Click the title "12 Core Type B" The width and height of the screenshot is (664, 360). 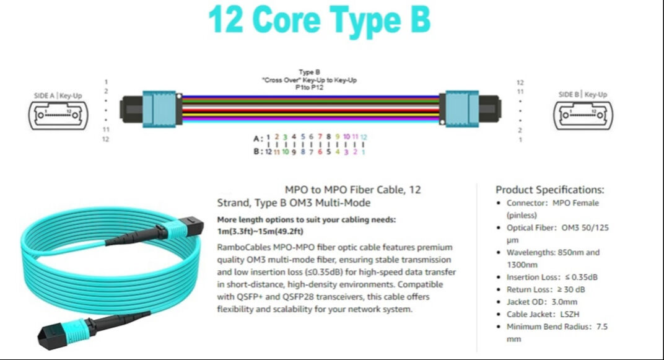pyautogui.click(x=320, y=20)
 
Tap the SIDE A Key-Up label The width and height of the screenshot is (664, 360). pyautogui.click(x=58, y=95)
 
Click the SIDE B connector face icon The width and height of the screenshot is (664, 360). pyautogui.click(x=583, y=115)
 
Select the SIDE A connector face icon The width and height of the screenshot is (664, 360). pyautogui.click(x=58, y=115)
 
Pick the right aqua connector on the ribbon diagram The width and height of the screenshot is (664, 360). pyautogui.click(x=462, y=109)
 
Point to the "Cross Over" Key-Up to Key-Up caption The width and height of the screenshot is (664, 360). pyautogui.click(x=309, y=80)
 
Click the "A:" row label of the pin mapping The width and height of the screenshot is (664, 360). pyautogui.click(x=257, y=139)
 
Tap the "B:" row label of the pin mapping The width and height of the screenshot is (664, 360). pyautogui.click(x=257, y=151)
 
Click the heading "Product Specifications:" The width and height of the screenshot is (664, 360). pyautogui.click(x=549, y=190)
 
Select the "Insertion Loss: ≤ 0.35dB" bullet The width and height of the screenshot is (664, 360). pyautogui.click(x=552, y=278)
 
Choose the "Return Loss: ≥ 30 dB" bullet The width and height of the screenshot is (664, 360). pyautogui.click(x=546, y=290)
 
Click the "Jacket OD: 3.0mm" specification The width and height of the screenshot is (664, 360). pyautogui.click(x=541, y=302)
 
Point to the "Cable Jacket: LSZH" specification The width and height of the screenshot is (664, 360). pyautogui.click(x=543, y=314)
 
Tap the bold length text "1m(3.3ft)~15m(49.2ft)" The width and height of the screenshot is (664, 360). pyautogui.click(x=260, y=231)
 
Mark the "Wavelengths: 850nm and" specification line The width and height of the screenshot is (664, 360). pyautogui.click(x=553, y=252)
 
